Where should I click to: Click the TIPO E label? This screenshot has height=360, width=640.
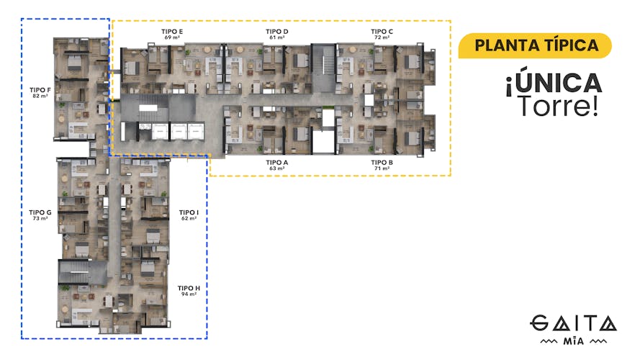point(172,32)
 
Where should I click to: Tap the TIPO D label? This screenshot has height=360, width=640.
point(276,32)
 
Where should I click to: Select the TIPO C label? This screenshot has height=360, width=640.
point(382,32)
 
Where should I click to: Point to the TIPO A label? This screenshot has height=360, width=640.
point(276,163)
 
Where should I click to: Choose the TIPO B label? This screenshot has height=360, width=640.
point(382,163)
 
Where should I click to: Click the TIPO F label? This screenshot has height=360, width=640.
point(40,89)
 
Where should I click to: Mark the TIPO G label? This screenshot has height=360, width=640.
point(40,212)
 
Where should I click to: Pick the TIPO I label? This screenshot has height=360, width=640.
point(189,212)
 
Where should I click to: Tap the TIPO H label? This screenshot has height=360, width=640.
point(189,288)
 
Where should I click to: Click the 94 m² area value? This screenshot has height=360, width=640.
point(189,294)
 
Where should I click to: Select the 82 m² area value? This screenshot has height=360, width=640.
point(40,95)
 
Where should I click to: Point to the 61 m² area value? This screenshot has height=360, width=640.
point(276,37)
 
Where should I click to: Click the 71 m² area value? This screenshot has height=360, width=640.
point(382,168)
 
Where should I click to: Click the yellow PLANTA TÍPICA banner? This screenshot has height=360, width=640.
point(536,45)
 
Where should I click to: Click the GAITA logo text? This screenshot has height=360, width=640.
point(574,323)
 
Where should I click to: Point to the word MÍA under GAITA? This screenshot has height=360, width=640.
point(574,338)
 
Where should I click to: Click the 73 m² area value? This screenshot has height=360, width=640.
point(40,218)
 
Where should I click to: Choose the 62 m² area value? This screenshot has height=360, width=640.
point(189,218)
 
